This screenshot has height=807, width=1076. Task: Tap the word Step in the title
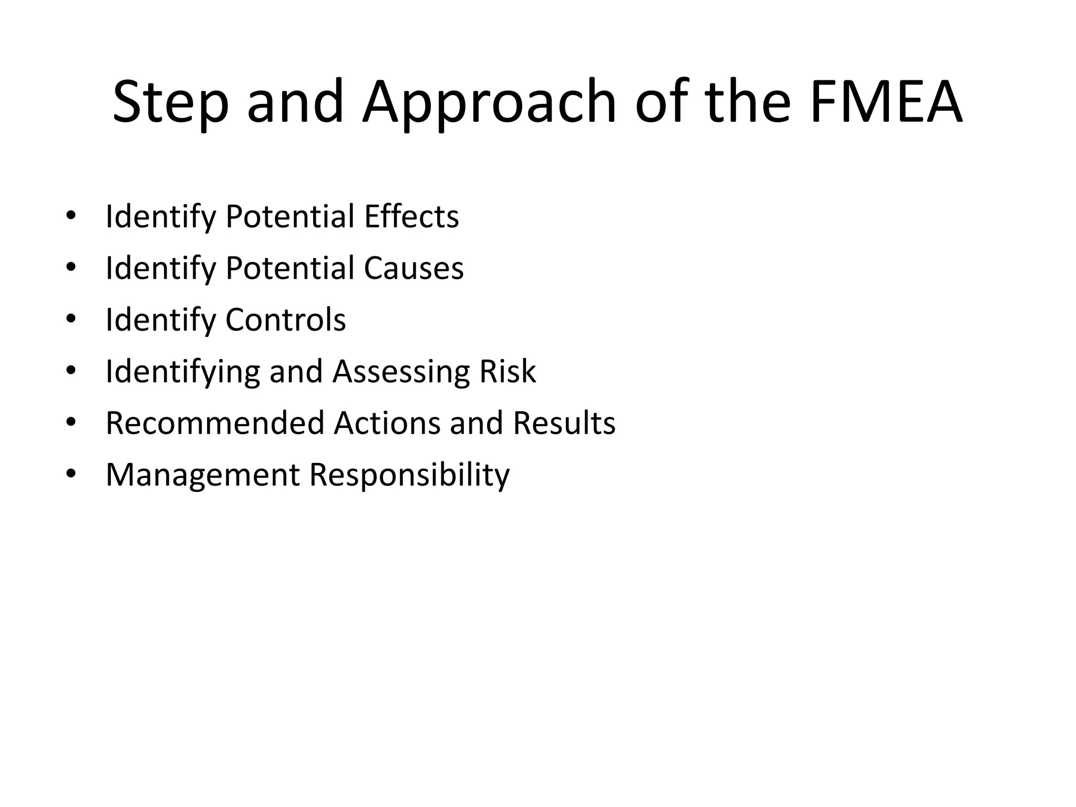(x=171, y=102)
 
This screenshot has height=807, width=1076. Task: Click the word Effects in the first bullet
(x=411, y=216)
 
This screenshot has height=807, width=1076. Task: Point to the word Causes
(x=413, y=268)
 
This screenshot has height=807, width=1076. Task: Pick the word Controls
(x=286, y=319)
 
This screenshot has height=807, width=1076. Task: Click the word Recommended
(x=215, y=422)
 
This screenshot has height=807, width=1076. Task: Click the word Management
(x=202, y=475)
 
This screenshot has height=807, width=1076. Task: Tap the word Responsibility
(x=409, y=475)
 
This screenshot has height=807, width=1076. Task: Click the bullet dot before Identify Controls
(x=71, y=319)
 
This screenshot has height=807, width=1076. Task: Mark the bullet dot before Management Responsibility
(x=71, y=474)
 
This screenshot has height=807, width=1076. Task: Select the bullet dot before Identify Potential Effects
(x=71, y=215)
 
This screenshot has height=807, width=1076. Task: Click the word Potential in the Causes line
(x=290, y=268)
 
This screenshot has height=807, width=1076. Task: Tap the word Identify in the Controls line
(x=161, y=319)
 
